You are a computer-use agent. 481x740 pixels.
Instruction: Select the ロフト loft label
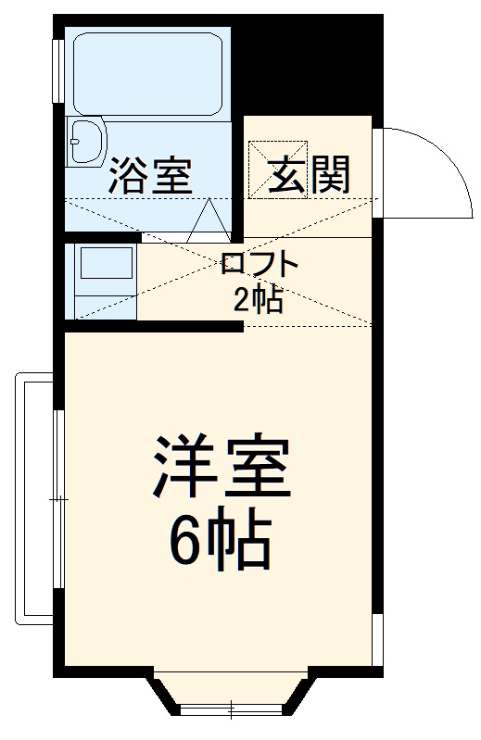click(x=260, y=267)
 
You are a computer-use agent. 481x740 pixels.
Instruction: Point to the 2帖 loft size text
click(x=259, y=298)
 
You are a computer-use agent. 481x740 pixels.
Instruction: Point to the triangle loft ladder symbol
click(x=209, y=222)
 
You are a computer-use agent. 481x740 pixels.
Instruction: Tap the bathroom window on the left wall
click(x=58, y=69)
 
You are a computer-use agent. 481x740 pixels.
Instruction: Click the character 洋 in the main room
click(x=180, y=470)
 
